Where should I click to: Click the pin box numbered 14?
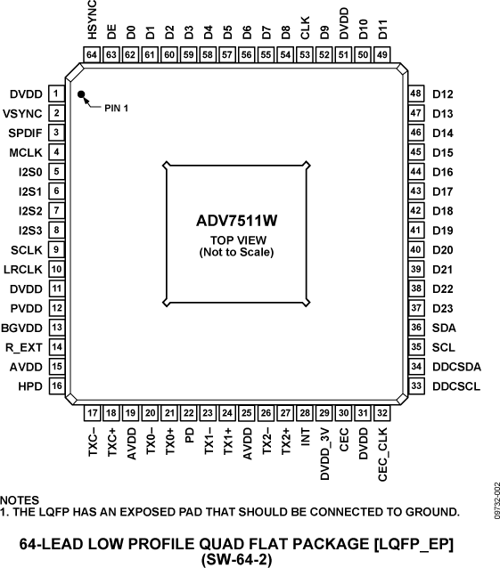pos(55,346)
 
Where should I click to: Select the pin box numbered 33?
pos(415,385)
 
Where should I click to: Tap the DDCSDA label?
pos(457,366)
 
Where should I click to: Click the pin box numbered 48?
pos(415,93)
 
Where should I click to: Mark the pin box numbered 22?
pos(189,413)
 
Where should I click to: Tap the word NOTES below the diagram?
pos(20,499)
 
